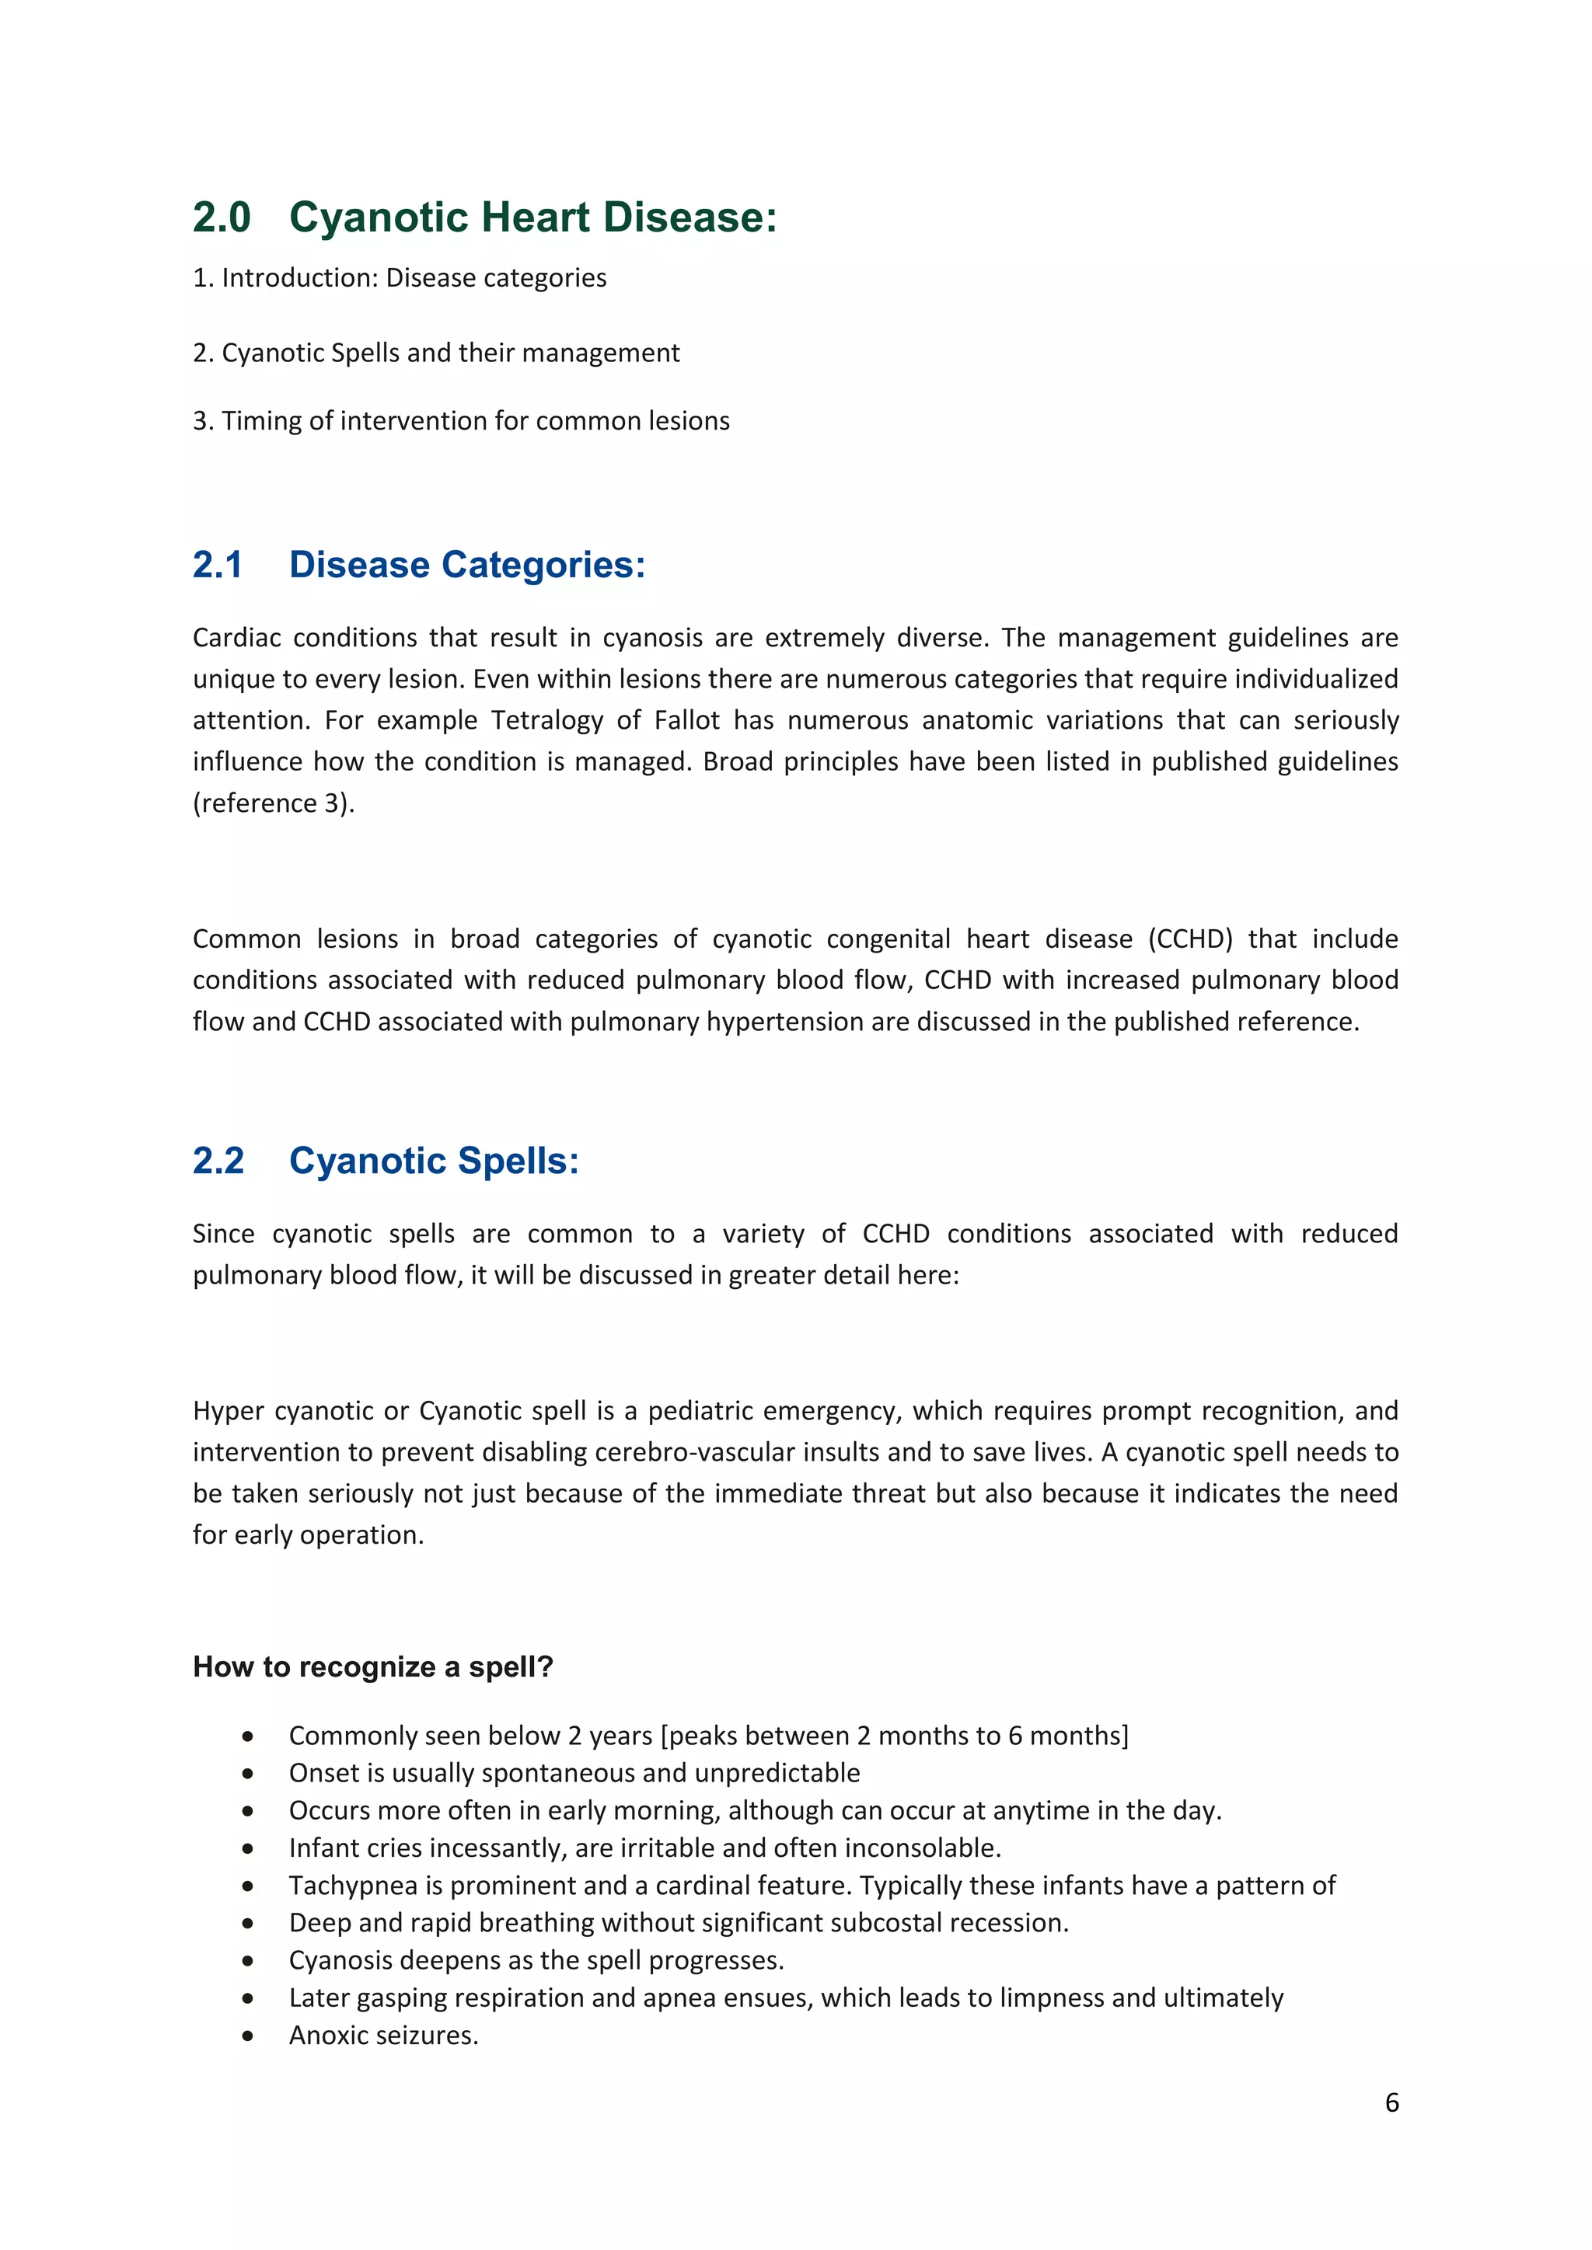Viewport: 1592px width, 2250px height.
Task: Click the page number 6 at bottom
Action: coord(1391,2103)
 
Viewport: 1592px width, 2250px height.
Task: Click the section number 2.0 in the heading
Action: coord(222,218)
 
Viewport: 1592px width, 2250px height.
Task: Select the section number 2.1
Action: coord(218,566)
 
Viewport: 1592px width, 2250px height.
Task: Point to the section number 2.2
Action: coord(218,1162)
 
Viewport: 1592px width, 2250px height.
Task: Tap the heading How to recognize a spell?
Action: coord(372,1667)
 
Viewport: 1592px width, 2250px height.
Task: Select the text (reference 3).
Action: coord(274,803)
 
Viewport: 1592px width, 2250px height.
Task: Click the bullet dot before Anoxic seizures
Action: coord(248,2036)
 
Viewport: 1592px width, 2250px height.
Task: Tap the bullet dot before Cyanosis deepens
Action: coord(248,1961)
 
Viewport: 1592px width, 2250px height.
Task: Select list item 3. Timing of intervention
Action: coord(461,421)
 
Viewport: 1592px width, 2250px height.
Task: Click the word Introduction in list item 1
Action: coord(300,278)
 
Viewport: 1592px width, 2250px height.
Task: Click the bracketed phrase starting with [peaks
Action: coord(894,1736)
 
